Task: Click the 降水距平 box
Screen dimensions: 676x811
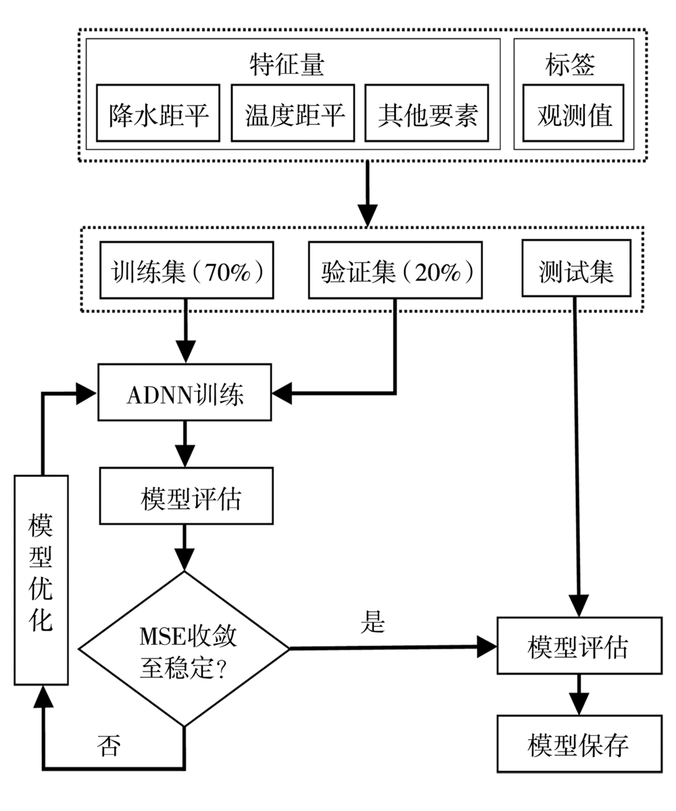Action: pos(158,113)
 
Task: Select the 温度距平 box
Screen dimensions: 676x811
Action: pos(293,113)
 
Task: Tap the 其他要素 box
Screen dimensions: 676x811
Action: pos(427,113)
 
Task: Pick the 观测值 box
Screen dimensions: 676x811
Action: pos(573,113)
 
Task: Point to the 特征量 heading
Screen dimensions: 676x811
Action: pos(287,64)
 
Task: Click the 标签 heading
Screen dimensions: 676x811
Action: pos(570,64)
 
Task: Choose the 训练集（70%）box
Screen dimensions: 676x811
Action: pos(187,270)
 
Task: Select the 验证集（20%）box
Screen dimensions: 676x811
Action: pos(395,270)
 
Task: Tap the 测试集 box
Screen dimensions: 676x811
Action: pos(576,268)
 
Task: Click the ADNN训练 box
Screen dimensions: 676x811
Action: pos(185,392)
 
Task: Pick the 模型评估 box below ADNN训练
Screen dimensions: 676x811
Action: pos(186,495)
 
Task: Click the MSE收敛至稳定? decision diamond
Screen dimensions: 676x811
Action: pos(184,649)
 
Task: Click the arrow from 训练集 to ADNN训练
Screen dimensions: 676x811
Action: pos(186,331)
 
